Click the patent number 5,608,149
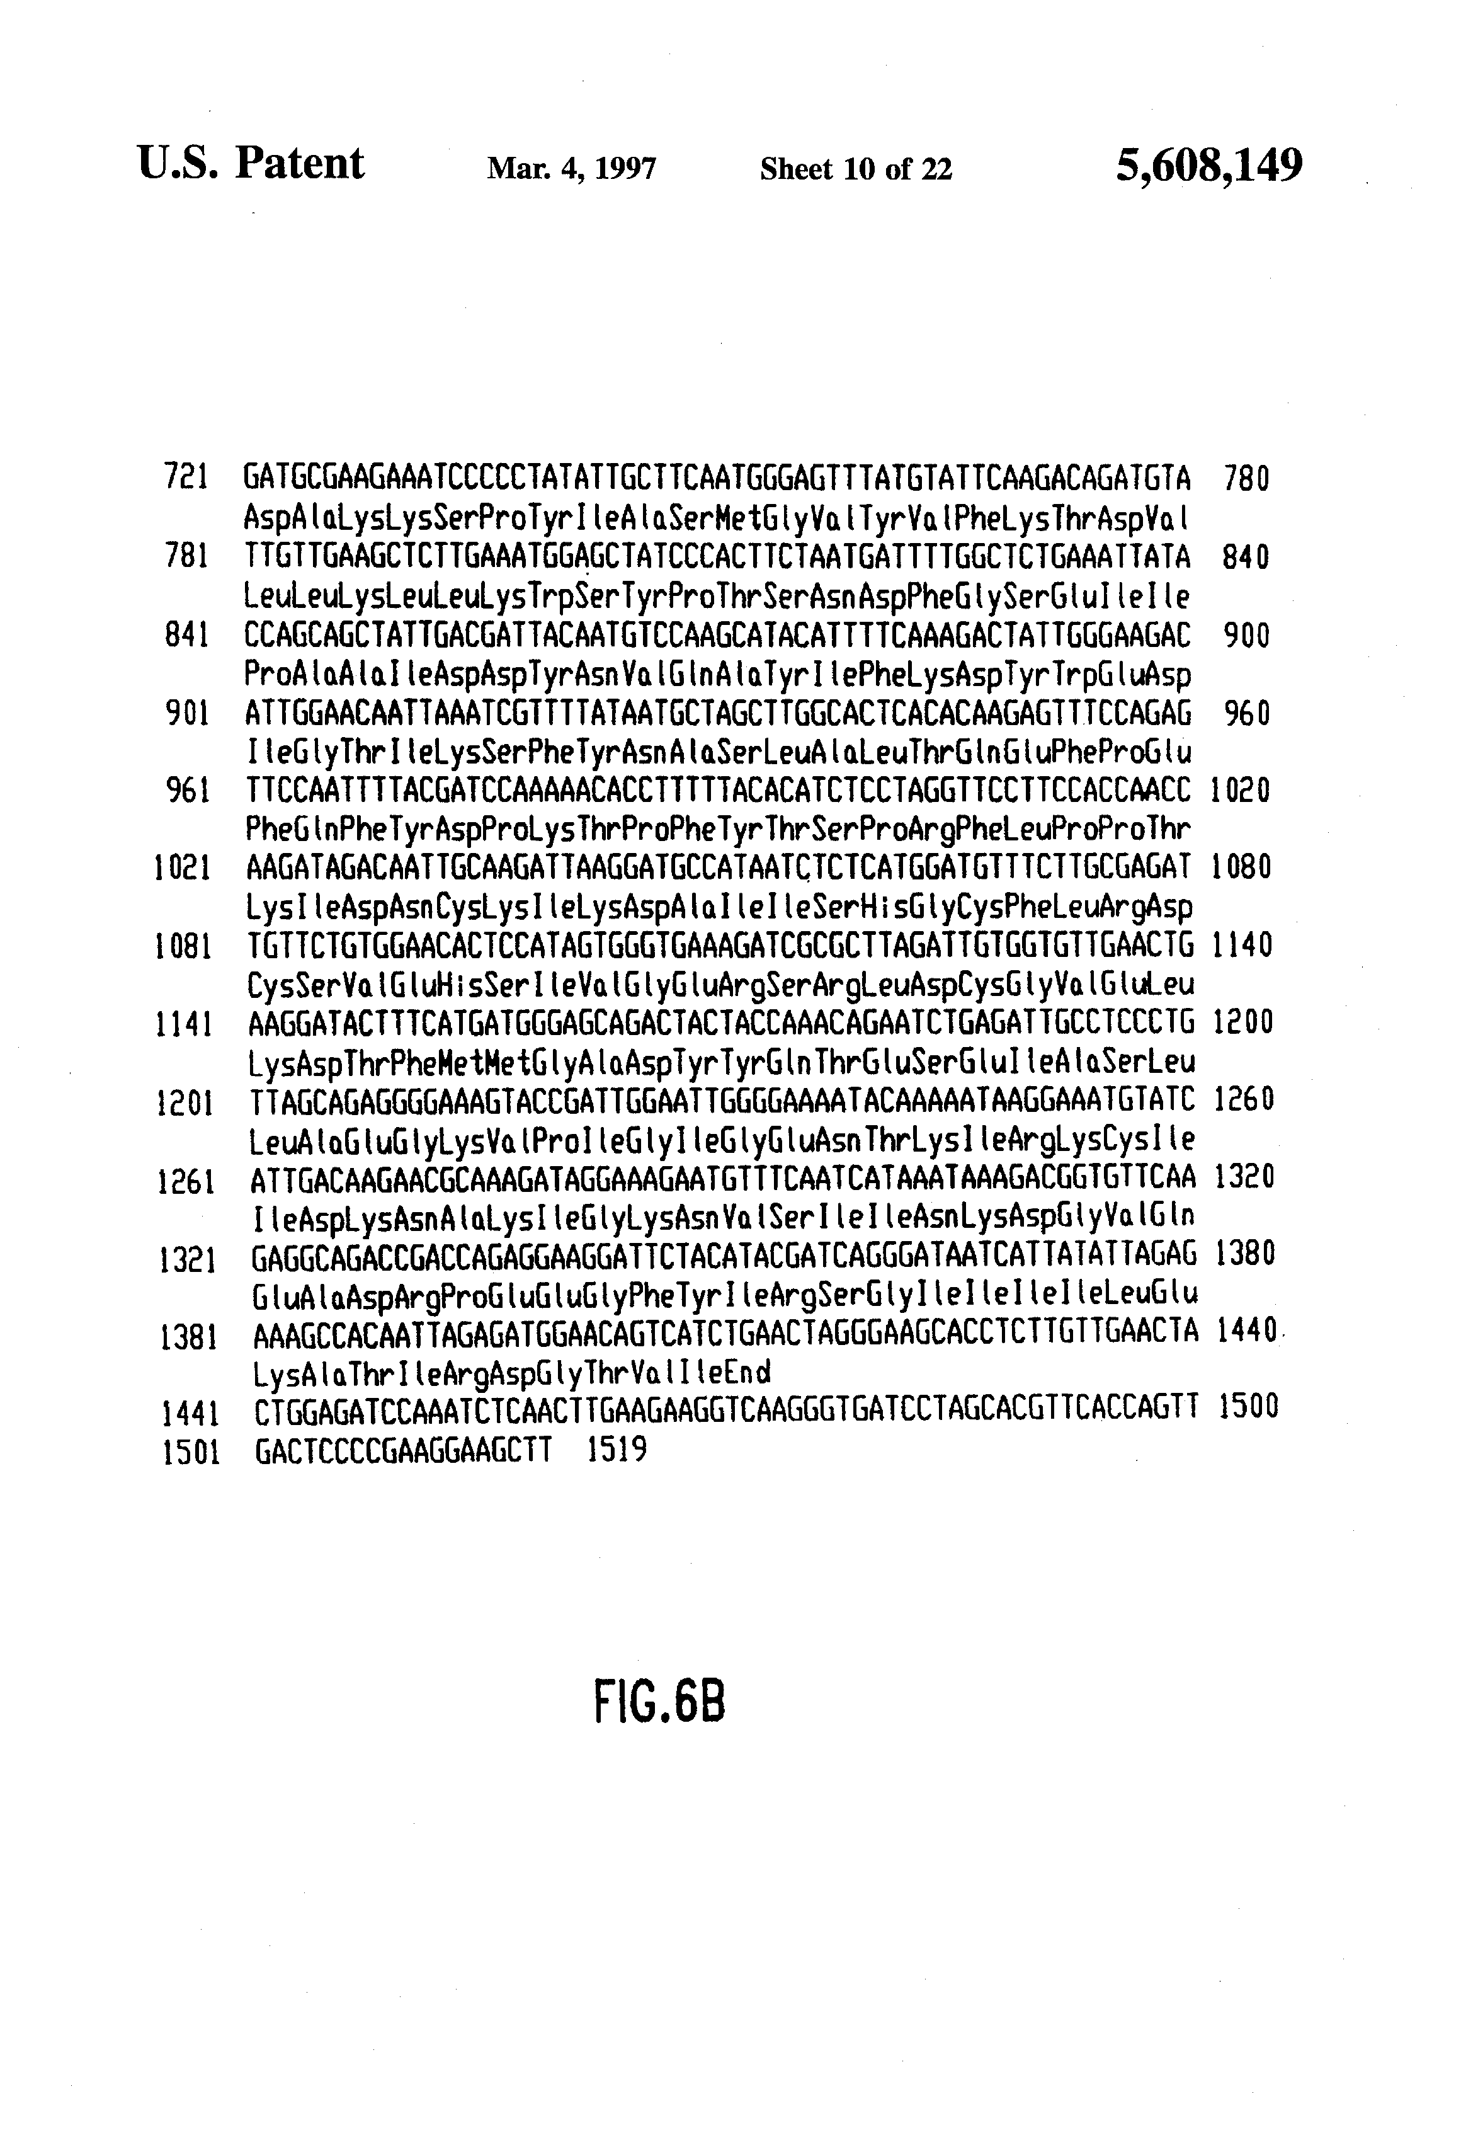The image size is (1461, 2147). [1209, 167]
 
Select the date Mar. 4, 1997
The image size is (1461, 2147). [572, 169]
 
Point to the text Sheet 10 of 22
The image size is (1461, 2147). [855, 169]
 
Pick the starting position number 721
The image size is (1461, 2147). [186, 478]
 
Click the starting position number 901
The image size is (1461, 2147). [186, 713]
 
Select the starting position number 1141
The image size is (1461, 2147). [186, 1024]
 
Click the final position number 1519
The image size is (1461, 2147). [617, 1450]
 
